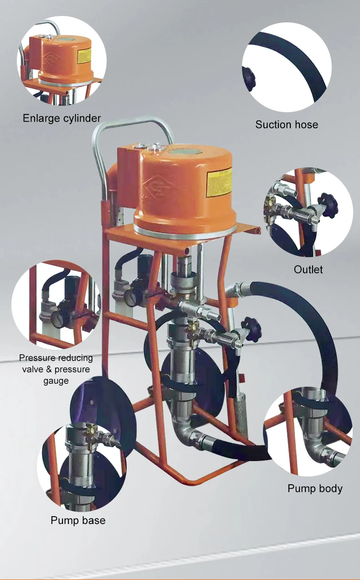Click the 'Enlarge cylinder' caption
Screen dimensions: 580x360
pyautogui.click(x=62, y=119)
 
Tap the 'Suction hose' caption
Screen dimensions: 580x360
pyautogui.click(x=287, y=124)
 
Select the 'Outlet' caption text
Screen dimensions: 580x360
pyautogui.click(x=308, y=269)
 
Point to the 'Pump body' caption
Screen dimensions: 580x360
pyautogui.click(x=315, y=488)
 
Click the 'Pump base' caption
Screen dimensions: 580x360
pyautogui.click(x=78, y=520)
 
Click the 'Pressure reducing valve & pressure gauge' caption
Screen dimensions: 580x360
pyautogui.click(x=56, y=369)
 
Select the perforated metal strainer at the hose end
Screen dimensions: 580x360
pyautogui.click(x=241, y=417)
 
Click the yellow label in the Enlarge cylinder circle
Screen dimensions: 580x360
pyautogui.click(x=84, y=56)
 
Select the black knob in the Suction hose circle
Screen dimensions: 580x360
pyautogui.click(x=249, y=78)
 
